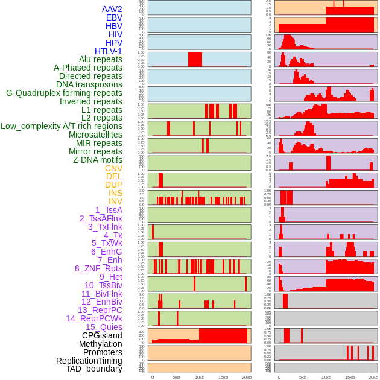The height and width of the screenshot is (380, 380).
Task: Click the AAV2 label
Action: [112, 9]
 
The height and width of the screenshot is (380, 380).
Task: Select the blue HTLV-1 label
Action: [108, 51]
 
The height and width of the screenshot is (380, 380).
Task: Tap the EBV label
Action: [114, 17]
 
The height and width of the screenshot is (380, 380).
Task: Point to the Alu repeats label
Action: [100, 60]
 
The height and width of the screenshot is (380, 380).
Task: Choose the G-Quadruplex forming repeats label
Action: [64, 93]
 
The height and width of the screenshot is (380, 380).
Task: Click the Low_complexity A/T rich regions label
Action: [62, 126]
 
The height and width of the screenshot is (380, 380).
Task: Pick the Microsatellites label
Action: [95, 135]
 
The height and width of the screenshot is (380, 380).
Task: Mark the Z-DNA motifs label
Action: [97, 160]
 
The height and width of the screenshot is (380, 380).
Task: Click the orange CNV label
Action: [113, 168]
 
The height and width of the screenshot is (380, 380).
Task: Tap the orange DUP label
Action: [113, 185]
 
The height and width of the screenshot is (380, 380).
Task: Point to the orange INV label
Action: [115, 201]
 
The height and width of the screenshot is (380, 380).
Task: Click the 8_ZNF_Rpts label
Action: [98, 268]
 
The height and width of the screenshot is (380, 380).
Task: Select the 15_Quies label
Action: [104, 327]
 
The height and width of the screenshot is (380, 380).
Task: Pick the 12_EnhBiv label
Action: [102, 302]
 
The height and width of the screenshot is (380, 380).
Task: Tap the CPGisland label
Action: [102, 335]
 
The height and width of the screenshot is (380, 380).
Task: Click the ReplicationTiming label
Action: [89, 361]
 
